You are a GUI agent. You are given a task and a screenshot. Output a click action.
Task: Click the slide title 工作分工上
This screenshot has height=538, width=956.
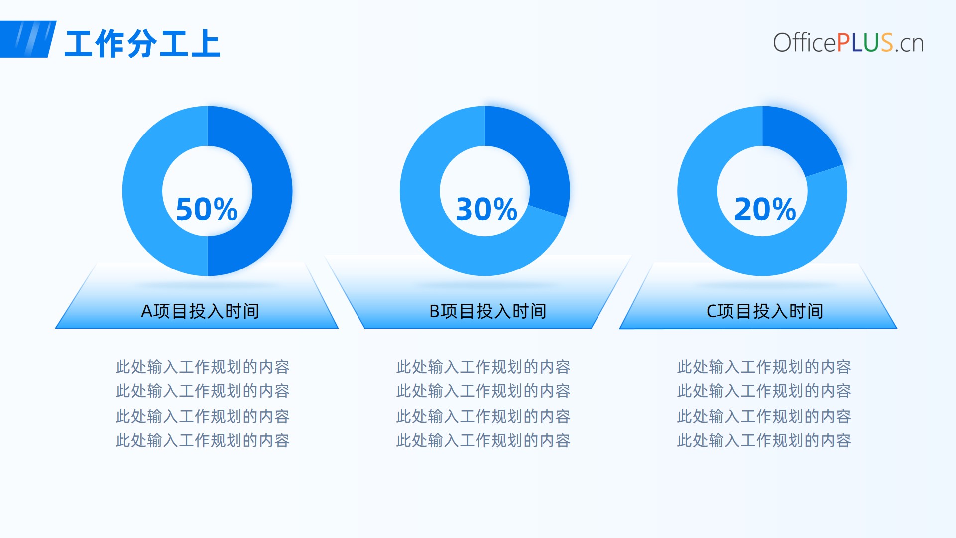(142, 44)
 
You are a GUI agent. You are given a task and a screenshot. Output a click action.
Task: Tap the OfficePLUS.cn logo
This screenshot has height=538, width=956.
(848, 43)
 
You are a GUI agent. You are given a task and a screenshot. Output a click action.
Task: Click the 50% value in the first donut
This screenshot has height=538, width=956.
(207, 209)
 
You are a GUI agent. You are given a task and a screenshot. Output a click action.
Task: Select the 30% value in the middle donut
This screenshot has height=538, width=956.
(486, 209)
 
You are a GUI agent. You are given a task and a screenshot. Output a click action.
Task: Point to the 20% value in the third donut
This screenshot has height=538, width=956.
(765, 209)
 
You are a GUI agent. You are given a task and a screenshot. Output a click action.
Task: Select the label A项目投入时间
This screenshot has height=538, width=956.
(200, 311)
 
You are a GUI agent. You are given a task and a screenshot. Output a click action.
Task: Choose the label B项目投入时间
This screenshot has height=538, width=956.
(488, 311)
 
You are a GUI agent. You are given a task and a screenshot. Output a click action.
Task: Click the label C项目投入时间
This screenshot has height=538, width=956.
(765, 311)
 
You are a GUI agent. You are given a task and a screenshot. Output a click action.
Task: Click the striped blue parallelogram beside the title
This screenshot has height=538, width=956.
(27, 39)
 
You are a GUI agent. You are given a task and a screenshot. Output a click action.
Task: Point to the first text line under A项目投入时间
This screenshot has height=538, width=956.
(203, 367)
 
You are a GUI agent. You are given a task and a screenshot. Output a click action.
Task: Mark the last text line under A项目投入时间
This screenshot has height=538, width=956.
(203, 440)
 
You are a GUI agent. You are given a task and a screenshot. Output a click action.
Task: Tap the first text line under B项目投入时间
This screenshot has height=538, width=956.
(483, 367)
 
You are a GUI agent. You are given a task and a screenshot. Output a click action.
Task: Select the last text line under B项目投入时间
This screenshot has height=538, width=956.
(483, 440)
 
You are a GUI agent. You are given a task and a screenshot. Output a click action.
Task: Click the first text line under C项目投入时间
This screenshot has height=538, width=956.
(764, 367)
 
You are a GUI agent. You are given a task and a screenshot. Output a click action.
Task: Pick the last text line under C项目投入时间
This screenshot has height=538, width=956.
(764, 440)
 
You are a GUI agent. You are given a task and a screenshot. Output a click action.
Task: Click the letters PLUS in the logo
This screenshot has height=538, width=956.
(865, 43)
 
